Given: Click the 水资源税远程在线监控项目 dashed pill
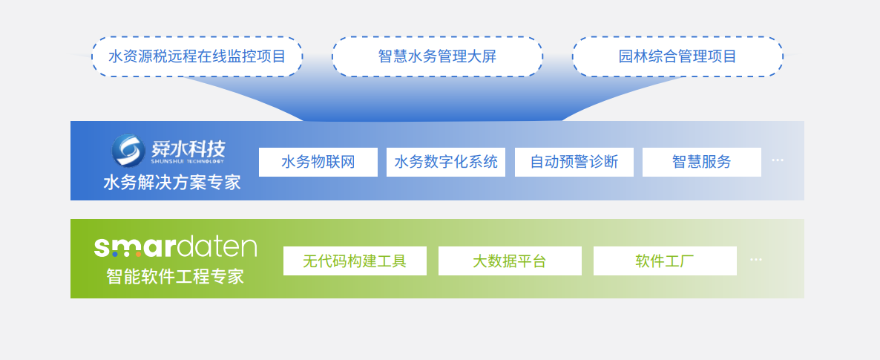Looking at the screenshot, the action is click(197, 56).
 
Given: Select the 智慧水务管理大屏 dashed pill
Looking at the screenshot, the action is click(437, 56).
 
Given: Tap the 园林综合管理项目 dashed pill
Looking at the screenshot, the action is click(677, 56).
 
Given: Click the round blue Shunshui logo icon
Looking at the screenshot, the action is click(128, 150).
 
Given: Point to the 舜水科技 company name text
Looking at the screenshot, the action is click(188, 148).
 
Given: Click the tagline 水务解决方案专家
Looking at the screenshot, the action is click(171, 183).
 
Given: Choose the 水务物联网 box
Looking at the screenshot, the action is click(318, 163).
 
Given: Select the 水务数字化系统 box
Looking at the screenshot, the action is click(446, 163).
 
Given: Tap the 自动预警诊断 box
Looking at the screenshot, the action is click(574, 163).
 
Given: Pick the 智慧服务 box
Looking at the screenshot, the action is click(701, 163).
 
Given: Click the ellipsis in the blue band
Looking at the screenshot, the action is click(778, 160).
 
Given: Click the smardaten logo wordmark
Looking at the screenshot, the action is click(175, 247).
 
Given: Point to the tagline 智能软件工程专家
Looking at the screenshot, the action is click(175, 276).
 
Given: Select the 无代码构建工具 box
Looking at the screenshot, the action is click(355, 261).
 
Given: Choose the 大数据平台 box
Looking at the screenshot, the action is click(510, 261).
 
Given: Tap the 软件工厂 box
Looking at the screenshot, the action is click(665, 261).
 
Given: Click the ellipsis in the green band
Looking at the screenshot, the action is click(756, 260).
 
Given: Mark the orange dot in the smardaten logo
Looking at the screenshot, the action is click(138, 255).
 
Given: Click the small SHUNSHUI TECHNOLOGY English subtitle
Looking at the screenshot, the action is click(188, 161).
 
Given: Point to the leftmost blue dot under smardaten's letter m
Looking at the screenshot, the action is click(115, 255).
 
